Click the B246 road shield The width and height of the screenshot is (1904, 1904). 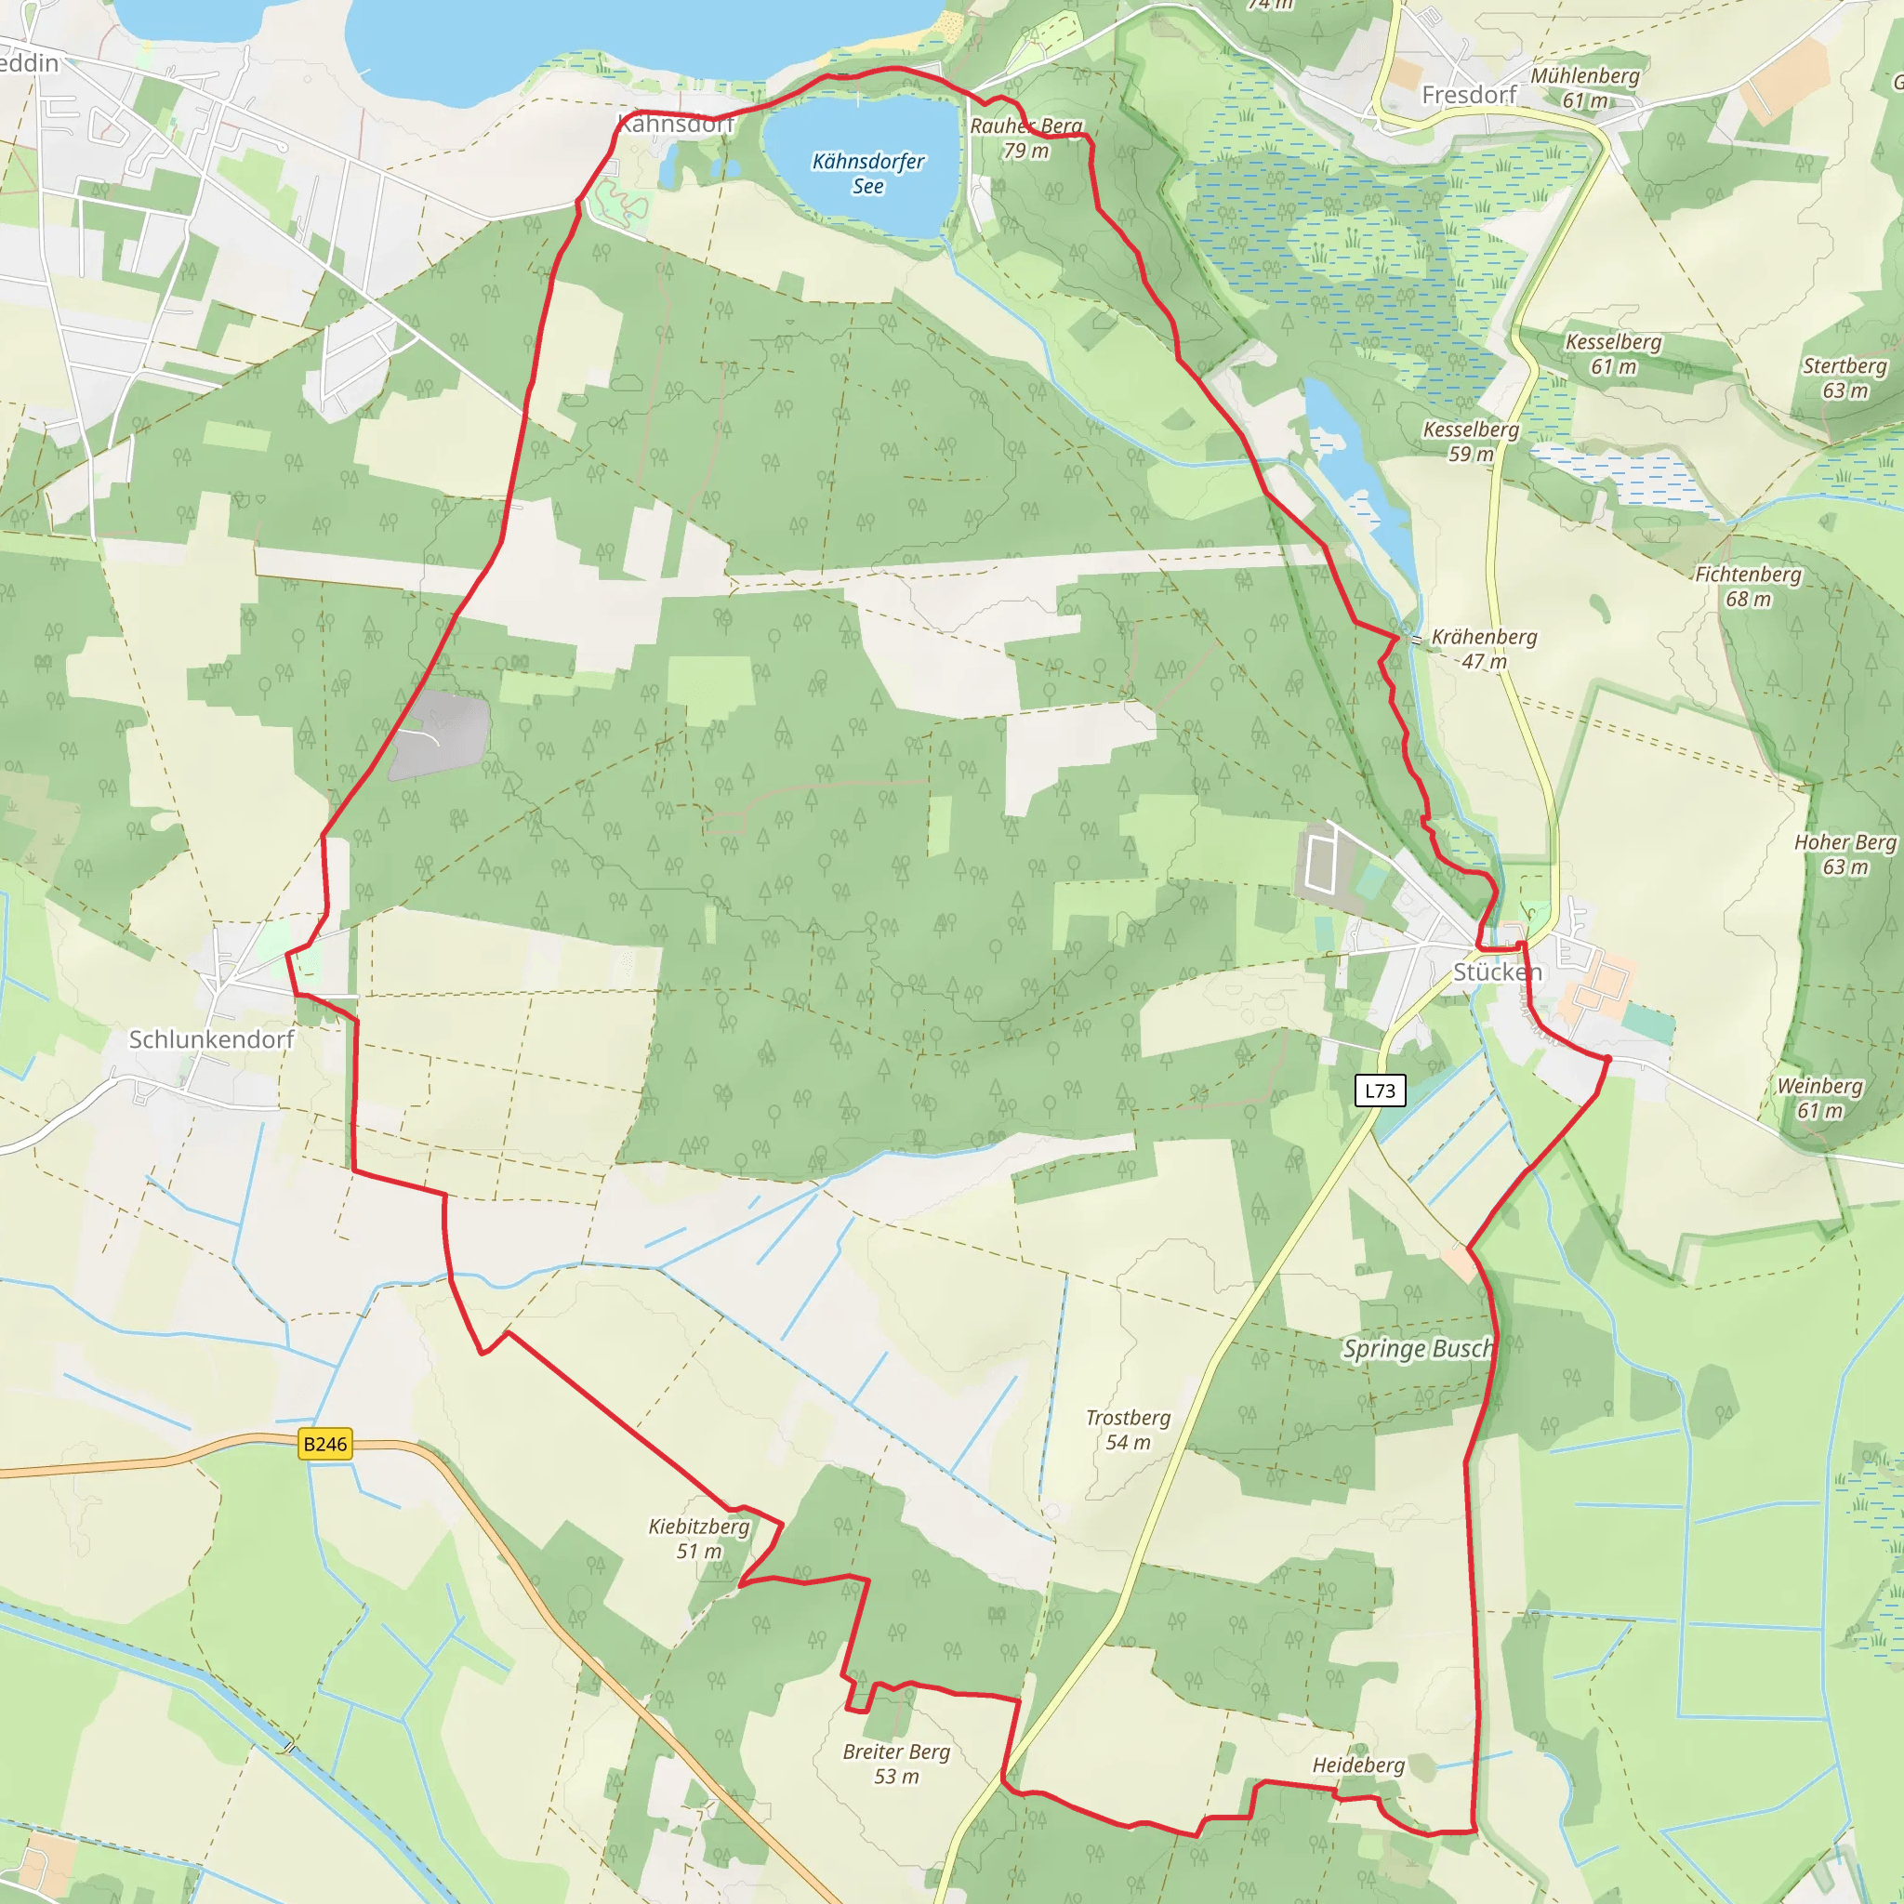click(325, 1444)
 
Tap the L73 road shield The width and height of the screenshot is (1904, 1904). click(1380, 1090)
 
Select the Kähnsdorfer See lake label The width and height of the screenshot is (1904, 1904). click(868, 174)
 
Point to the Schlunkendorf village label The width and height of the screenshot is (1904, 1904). click(212, 1039)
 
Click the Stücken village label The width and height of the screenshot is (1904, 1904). click(1497, 972)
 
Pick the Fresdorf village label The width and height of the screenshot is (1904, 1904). click(1468, 95)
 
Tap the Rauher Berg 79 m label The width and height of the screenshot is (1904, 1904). click(1026, 138)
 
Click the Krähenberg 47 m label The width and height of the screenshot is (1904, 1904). click(1484, 649)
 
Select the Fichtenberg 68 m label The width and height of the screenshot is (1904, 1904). click(1747, 587)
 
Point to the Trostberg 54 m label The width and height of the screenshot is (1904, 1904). click(1128, 1430)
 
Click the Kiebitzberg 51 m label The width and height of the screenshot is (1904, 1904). click(699, 1539)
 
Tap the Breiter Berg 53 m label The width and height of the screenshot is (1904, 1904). click(896, 1764)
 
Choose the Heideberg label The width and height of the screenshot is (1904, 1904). click(1358, 1765)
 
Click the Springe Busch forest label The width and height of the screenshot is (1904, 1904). click(1418, 1349)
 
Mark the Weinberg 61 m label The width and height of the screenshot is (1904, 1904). click(1819, 1098)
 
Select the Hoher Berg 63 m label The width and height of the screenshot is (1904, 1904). click(1844, 854)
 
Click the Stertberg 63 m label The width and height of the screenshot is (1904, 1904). click(1844, 377)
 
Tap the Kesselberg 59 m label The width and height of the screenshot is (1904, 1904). click(1471, 442)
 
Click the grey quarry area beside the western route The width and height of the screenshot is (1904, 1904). click(441, 734)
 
